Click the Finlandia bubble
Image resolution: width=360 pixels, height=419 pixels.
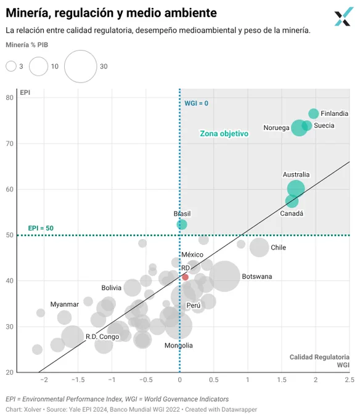[x=314, y=113]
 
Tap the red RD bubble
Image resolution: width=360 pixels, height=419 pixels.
[x=185, y=277]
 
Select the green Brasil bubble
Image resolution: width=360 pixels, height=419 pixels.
[x=182, y=224]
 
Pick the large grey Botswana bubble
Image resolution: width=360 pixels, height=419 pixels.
[x=224, y=276]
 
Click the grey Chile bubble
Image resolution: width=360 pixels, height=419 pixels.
[x=259, y=248]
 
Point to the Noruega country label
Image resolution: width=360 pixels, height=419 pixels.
[x=276, y=128]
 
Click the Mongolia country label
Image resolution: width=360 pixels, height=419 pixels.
[x=179, y=346]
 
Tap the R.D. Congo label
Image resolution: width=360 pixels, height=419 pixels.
[x=102, y=336]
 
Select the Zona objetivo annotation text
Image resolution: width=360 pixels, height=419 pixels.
[x=224, y=133]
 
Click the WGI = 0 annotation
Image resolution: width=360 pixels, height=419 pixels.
[x=197, y=104]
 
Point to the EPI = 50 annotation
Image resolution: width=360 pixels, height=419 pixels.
[x=41, y=228]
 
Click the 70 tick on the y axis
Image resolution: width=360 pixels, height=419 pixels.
[x=10, y=144]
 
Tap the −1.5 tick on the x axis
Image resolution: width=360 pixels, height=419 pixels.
[x=78, y=380]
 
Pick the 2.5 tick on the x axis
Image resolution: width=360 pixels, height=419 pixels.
[x=350, y=380]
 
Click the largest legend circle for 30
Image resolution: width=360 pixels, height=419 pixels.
[x=81, y=67]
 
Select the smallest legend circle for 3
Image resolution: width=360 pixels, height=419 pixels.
[x=11, y=67]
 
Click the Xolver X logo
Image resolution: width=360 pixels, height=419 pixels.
[x=344, y=17]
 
